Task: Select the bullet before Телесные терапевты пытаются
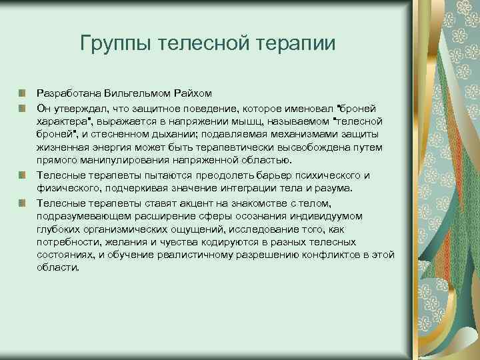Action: click(x=23, y=175)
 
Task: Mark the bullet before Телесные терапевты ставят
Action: click(x=23, y=202)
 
